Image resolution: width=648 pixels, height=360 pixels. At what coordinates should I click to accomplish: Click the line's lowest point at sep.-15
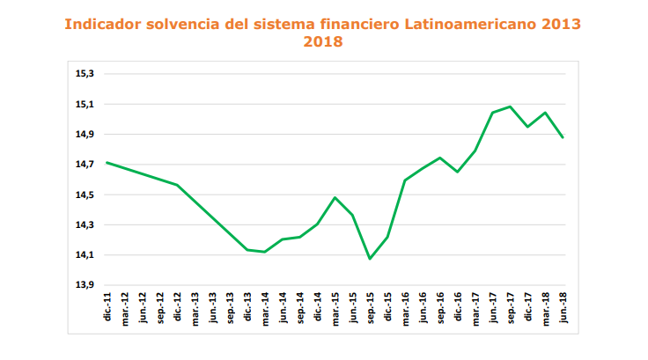(370, 258)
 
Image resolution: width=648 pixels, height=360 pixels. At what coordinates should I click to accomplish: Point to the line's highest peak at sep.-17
(510, 107)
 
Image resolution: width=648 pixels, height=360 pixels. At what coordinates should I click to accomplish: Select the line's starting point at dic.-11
(107, 162)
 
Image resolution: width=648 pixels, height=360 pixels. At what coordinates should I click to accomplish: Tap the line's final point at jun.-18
(563, 137)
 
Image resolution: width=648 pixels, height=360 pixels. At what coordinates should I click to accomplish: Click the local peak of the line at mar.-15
(335, 197)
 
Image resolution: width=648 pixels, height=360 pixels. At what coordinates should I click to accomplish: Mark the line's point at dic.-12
(178, 185)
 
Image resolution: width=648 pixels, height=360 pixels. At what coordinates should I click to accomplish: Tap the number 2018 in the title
(323, 41)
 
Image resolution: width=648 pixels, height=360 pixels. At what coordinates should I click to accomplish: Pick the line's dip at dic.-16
(458, 172)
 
